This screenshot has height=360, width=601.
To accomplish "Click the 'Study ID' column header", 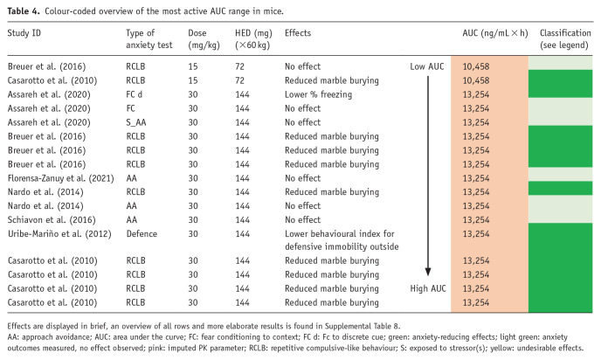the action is point(24,33).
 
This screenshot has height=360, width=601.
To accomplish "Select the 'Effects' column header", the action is point(297,33).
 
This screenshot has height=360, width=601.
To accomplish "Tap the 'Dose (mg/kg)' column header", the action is point(204,39).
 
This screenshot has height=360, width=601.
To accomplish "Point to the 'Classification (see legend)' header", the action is point(565,39).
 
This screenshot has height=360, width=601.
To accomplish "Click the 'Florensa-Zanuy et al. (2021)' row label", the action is point(60,178).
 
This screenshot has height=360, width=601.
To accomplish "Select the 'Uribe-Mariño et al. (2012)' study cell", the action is point(59,234).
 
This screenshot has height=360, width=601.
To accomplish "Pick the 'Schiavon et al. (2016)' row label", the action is point(52,220).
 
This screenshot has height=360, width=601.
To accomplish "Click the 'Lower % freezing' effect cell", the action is point(318,94).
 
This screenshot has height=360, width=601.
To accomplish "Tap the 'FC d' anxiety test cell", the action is point(135,94).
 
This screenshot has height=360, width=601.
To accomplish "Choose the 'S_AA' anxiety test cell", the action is point(135,122).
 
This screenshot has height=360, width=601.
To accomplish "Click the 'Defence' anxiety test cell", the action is point(142,234).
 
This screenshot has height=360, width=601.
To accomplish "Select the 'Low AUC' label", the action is point(426,66).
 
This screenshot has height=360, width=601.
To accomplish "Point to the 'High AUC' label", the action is point(428,288).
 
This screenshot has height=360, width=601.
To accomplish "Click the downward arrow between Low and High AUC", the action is point(428,176).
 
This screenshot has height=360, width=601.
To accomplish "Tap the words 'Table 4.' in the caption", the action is point(24,11).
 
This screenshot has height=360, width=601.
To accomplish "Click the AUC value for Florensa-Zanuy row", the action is point(476,178).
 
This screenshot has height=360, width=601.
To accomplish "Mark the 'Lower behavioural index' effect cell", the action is point(342,240).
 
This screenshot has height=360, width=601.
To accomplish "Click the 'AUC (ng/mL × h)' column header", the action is point(494,33).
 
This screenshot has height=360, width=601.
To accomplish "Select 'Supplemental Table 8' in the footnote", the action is point(362,326).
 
